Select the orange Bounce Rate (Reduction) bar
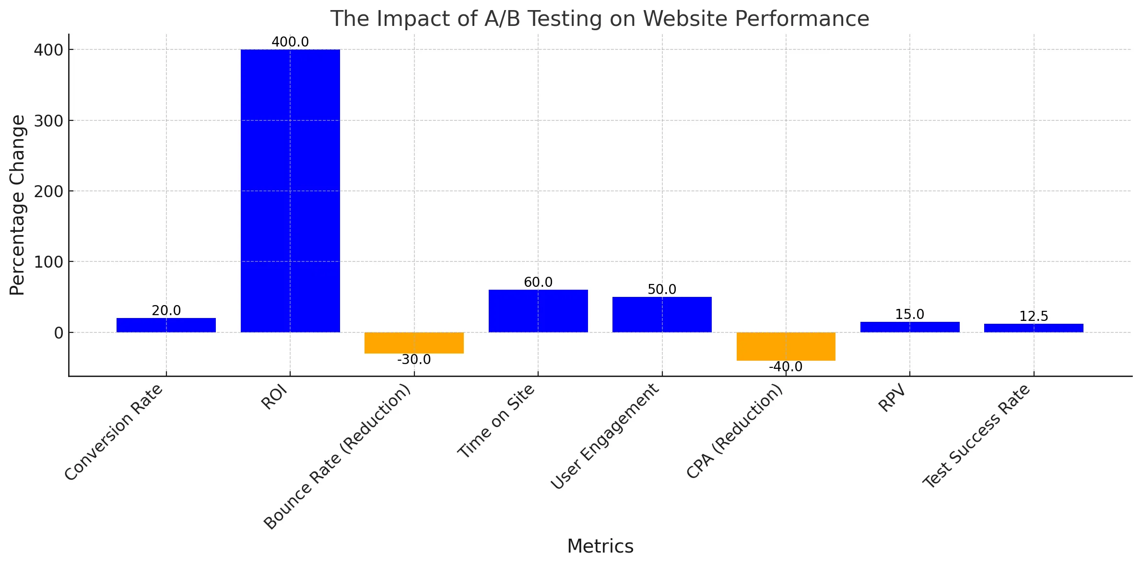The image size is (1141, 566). (414, 342)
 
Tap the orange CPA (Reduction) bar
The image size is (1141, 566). (786, 346)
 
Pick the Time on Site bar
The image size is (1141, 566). (538, 310)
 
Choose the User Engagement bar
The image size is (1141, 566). (662, 314)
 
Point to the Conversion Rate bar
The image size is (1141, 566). (166, 325)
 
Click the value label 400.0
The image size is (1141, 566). (290, 42)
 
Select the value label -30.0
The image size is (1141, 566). (414, 359)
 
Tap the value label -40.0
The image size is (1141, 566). (786, 367)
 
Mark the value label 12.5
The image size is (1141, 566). (1034, 317)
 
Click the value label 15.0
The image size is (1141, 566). (909, 315)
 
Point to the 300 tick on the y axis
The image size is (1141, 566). (48, 120)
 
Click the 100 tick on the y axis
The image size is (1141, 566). (48, 262)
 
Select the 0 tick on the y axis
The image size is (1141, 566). (59, 333)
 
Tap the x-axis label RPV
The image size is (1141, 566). (892, 399)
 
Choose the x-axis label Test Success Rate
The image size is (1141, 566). (976, 436)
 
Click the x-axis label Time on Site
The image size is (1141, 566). (496, 422)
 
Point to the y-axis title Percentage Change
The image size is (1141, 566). (17, 205)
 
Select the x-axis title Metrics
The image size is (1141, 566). (600, 546)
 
